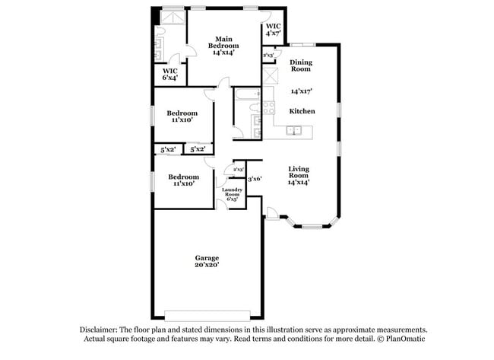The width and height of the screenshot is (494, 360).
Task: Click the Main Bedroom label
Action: tap(223, 46)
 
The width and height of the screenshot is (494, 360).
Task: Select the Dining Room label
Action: tap(301, 65)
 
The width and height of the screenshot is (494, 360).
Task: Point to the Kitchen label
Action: tap(302, 111)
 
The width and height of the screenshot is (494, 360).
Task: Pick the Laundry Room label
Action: tap(233, 194)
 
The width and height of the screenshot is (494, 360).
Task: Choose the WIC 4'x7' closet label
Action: tap(274, 30)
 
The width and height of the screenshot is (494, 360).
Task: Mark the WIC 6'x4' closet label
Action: tap(171, 75)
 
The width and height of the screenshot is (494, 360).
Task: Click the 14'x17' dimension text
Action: tap(302, 91)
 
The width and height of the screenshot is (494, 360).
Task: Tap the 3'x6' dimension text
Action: tap(255, 179)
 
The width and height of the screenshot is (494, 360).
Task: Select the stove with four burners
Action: tap(268, 108)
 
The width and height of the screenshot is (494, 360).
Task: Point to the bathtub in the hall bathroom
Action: tap(246, 96)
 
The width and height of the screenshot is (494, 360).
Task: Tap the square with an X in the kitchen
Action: tap(269, 77)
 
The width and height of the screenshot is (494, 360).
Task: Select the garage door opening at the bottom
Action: tap(207, 314)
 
